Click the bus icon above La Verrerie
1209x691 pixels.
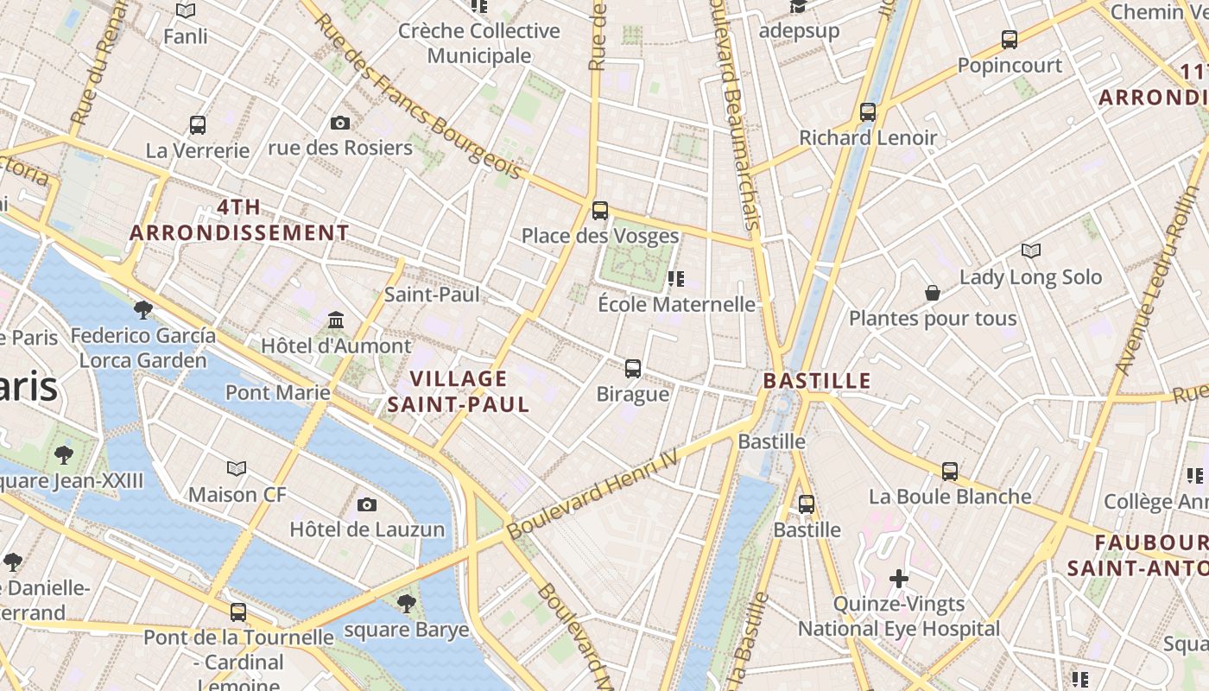(198, 125)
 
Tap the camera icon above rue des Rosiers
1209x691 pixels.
(340, 123)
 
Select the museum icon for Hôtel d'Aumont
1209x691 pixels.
(336, 320)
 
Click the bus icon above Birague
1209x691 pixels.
(633, 369)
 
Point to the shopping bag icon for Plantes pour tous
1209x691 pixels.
(933, 293)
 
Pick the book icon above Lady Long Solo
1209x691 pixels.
(1030, 250)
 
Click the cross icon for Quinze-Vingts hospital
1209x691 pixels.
(899, 578)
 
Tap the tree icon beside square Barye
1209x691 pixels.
(406, 603)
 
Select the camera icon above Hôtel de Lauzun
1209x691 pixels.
(367, 504)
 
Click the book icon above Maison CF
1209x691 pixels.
(237, 469)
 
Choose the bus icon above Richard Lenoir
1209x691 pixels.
(868, 112)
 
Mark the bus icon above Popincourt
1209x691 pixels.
(1009, 40)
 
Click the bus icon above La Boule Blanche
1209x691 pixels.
(950, 472)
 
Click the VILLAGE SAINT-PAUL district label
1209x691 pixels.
(458, 391)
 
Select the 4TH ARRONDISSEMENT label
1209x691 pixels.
(239, 220)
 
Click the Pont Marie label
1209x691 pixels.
(277, 393)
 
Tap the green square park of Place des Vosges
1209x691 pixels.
(636, 259)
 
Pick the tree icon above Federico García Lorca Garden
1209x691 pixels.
(143, 309)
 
